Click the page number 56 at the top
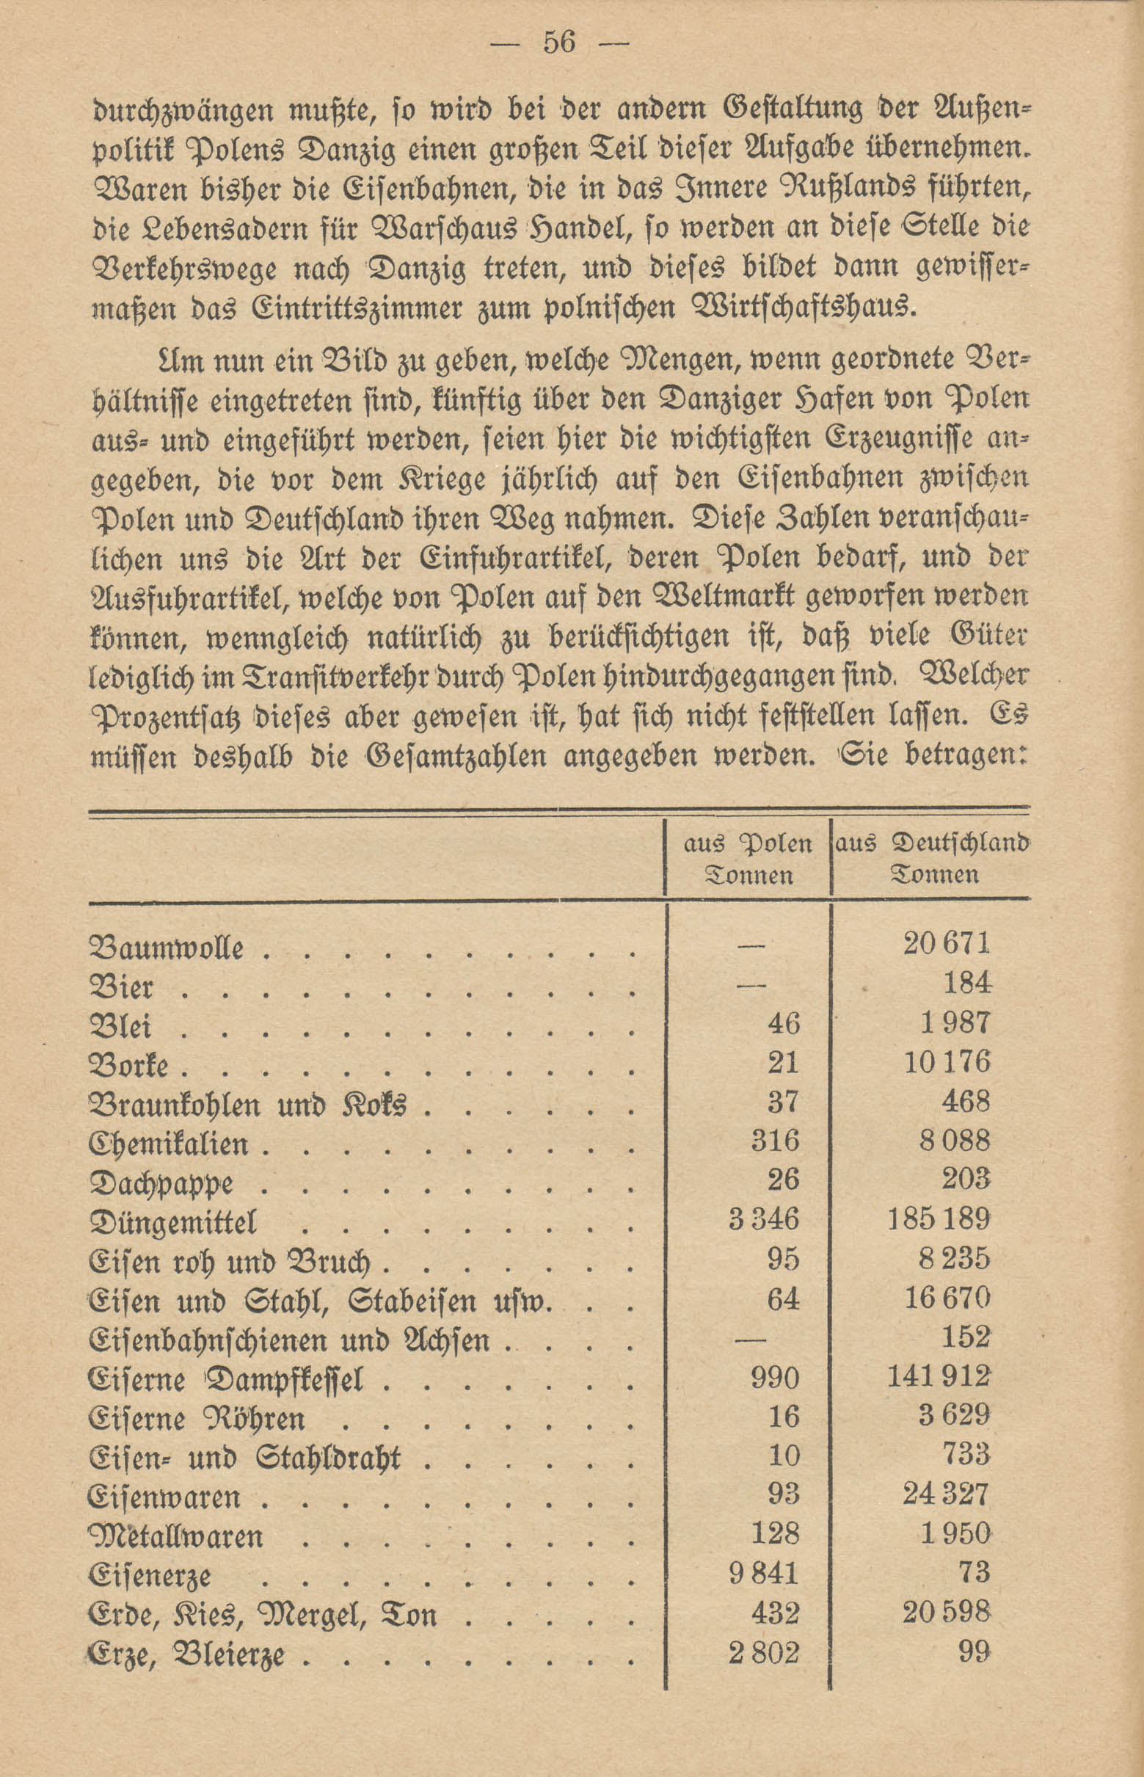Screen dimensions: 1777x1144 [559, 43]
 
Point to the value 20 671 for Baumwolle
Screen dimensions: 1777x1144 [947, 943]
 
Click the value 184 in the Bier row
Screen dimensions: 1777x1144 [966, 984]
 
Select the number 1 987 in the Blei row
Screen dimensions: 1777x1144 [955, 1023]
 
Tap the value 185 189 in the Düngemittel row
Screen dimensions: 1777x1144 [939, 1219]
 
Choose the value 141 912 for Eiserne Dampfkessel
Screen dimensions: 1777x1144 [939, 1376]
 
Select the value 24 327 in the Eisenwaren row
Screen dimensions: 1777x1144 [946, 1494]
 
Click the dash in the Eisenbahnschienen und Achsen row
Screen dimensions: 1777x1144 [749, 1338]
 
